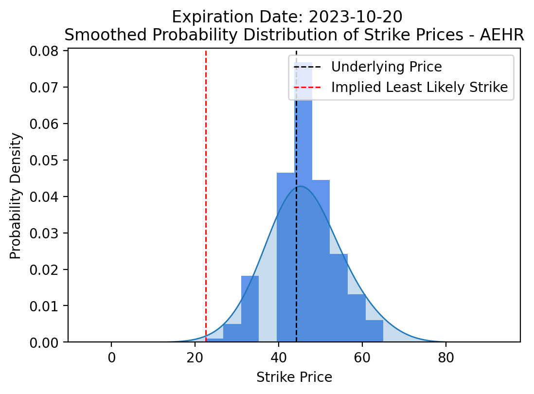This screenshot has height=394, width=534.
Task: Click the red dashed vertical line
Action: tap(206, 195)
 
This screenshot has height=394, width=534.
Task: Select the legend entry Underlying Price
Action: tap(386, 67)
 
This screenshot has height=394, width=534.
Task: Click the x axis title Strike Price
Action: tap(294, 377)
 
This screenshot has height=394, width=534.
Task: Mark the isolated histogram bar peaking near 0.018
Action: tap(250, 311)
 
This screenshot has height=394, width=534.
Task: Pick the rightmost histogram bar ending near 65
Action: tap(374, 331)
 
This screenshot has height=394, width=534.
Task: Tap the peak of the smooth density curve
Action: tap(301, 186)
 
